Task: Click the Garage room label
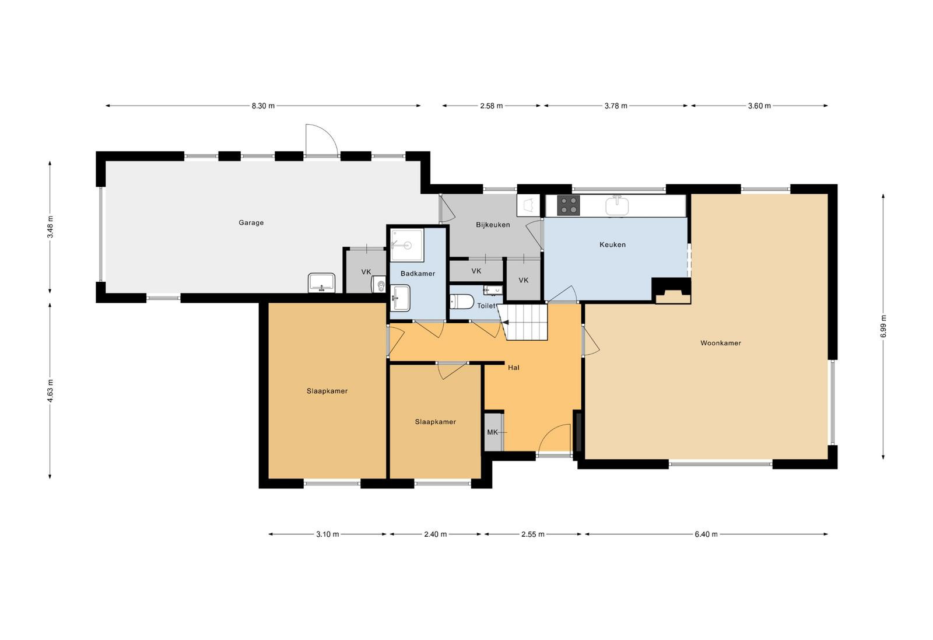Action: click(251, 223)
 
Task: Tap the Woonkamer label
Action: click(721, 343)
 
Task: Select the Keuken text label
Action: click(612, 244)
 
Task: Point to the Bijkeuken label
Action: click(493, 225)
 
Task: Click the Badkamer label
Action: click(418, 274)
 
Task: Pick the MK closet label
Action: click(492, 432)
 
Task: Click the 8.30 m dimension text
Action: click(263, 106)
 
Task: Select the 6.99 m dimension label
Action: click(883, 326)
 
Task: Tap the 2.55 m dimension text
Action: click(533, 534)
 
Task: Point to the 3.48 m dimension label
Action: click(50, 227)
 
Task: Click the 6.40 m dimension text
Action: click(706, 534)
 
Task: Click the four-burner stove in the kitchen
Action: click(569, 205)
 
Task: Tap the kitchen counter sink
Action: click(617, 205)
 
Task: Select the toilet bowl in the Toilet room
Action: click(462, 302)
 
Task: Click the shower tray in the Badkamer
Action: click(407, 245)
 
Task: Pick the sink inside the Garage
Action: click(321, 283)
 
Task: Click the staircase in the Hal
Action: click(524, 322)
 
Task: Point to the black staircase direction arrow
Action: click(505, 322)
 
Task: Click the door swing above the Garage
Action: click(321, 140)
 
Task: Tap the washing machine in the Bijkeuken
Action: click(528, 205)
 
